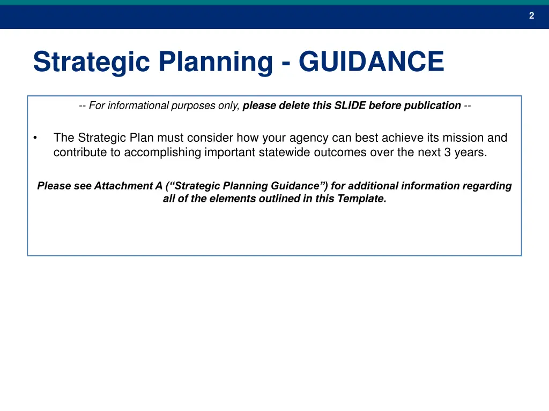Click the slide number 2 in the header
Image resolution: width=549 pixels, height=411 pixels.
(531, 16)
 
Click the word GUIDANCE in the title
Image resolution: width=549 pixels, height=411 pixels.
(372, 62)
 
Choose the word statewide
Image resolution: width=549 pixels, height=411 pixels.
(284, 152)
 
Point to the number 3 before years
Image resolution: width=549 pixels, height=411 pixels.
(447, 152)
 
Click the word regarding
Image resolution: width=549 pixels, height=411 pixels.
(487, 186)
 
